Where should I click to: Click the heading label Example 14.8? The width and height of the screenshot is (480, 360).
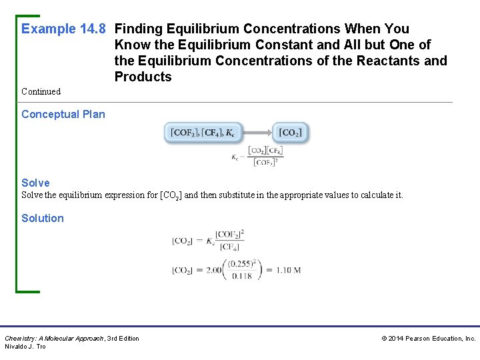pyautogui.click(x=64, y=29)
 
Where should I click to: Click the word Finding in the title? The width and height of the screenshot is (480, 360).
pyautogui.click(x=137, y=29)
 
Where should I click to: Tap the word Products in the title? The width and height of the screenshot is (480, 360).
pyautogui.click(x=143, y=77)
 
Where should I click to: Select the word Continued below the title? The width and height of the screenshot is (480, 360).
pyautogui.click(x=41, y=91)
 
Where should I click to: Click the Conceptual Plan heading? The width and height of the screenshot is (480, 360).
pyautogui.click(x=63, y=114)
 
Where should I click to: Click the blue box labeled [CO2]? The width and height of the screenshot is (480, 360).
pyautogui.click(x=290, y=133)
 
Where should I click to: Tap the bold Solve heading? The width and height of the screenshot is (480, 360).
pyautogui.click(x=35, y=183)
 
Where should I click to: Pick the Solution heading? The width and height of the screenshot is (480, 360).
pyautogui.click(x=43, y=218)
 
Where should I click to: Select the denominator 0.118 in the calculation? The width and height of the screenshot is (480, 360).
pyautogui.click(x=241, y=276)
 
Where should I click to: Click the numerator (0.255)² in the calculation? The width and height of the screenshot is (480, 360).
pyautogui.click(x=241, y=264)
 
